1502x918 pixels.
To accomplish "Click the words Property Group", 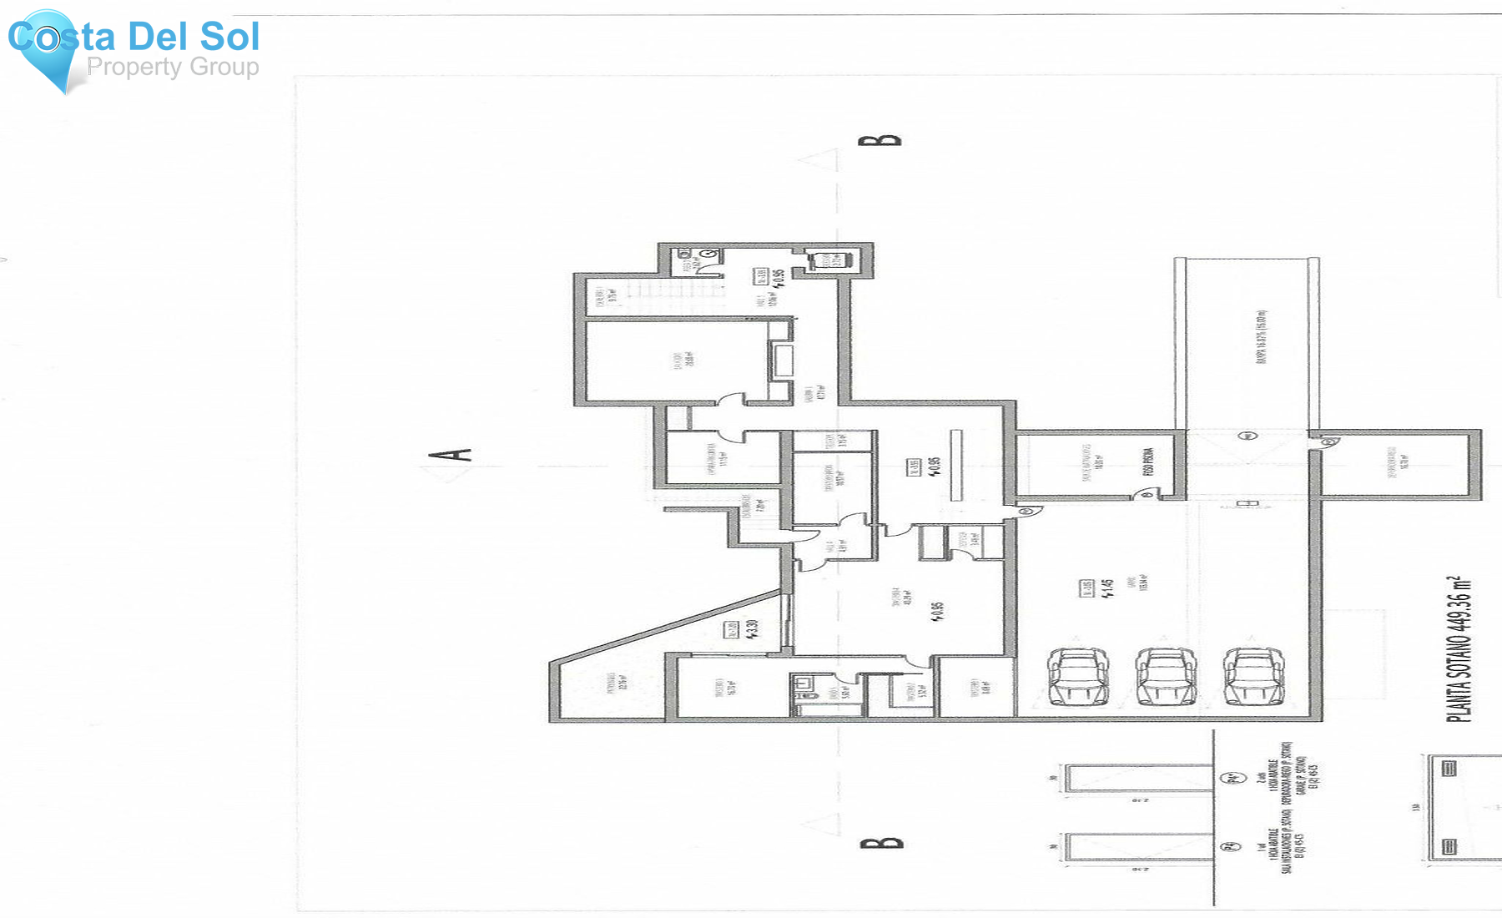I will (173, 67).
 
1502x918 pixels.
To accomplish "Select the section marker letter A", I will (451, 455).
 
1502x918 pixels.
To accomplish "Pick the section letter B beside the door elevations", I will (881, 842).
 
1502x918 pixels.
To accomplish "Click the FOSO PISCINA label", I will (1149, 462).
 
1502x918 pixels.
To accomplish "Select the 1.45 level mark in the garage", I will (1107, 588).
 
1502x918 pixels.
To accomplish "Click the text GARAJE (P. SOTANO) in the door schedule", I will (1301, 775).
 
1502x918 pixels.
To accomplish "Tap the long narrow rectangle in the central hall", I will (956, 465).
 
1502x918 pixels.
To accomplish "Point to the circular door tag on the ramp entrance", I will (1247, 436).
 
